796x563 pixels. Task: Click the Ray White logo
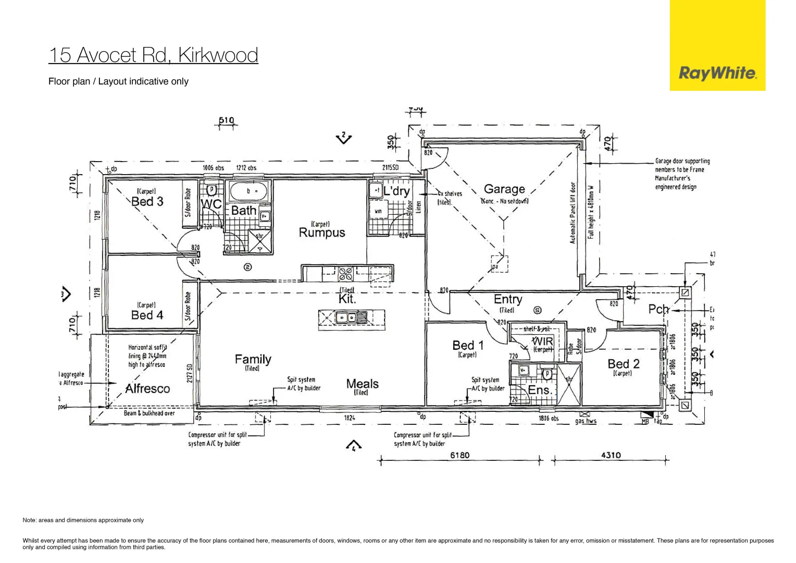tap(717, 73)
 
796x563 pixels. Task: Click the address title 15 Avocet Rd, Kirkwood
tap(153, 55)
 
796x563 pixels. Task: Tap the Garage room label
tap(504, 189)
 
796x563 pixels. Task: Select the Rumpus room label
tap(321, 232)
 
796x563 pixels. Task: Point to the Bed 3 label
tap(147, 202)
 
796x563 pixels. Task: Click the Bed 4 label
tap(147, 315)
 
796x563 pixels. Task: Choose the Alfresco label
tap(147, 388)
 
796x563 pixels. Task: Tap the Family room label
tap(253, 359)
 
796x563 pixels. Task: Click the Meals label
tap(362, 384)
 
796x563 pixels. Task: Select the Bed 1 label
tap(468, 346)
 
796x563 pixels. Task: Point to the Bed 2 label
tap(623, 364)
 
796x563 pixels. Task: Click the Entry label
tap(507, 299)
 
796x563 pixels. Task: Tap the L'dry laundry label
tap(397, 191)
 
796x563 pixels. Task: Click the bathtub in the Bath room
tap(249, 192)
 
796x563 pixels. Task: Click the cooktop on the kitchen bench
tap(346, 273)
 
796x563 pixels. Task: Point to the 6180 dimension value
tap(459, 455)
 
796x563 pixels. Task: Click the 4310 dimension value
tap(611, 455)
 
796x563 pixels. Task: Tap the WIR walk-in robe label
tap(542, 341)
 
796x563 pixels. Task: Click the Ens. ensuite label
tap(539, 390)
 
